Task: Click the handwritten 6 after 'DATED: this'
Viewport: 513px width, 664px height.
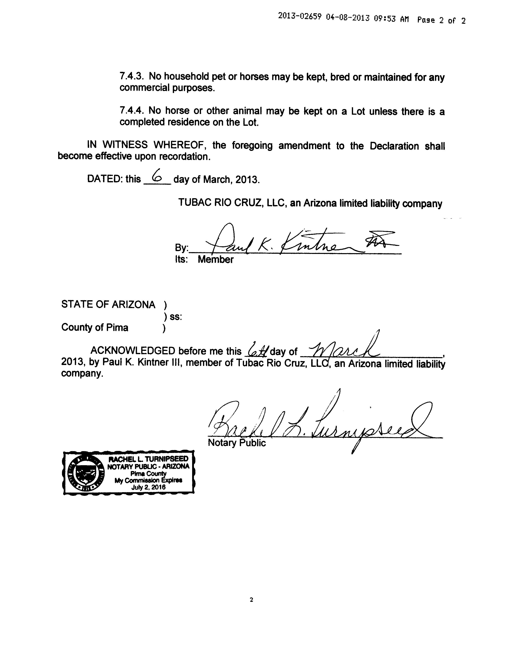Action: click(x=157, y=176)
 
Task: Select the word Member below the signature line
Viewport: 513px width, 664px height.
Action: click(x=215, y=259)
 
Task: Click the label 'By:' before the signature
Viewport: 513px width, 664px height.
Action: click(x=181, y=248)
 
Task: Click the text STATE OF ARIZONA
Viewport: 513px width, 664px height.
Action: click(x=108, y=304)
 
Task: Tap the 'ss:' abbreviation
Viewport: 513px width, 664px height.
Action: click(x=176, y=317)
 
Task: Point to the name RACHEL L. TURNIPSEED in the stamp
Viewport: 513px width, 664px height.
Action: click(x=149, y=459)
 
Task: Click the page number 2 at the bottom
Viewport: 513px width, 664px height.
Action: click(x=251, y=600)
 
